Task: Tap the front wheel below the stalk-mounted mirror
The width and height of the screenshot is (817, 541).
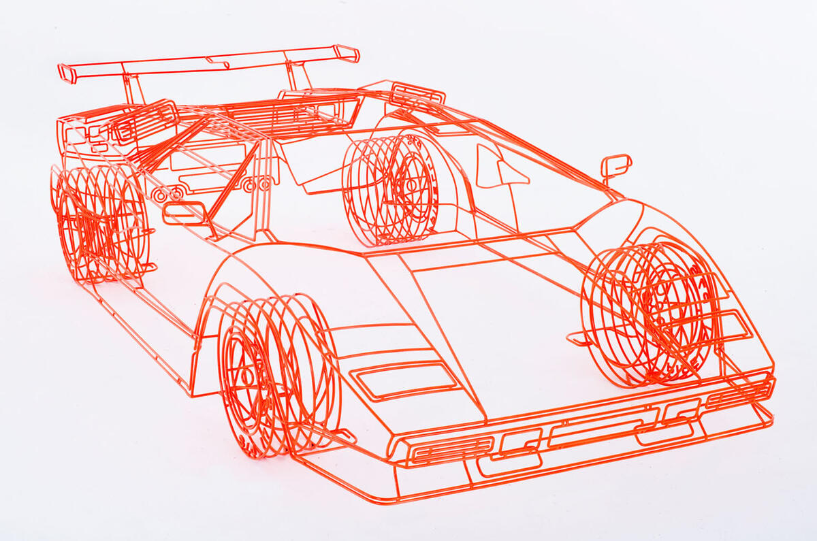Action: [x=650, y=313]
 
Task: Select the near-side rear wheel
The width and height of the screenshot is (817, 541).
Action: [x=99, y=225]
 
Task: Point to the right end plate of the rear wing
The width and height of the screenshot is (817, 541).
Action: [x=347, y=53]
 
